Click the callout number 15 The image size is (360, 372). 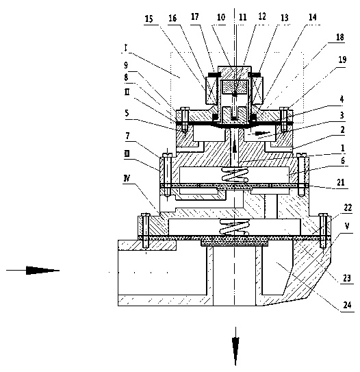tap(149, 18)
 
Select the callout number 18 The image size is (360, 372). tap(340, 37)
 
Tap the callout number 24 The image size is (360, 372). tap(347, 305)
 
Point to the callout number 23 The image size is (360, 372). tap(347, 277)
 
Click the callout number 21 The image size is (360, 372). tap(341, 182)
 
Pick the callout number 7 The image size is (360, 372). tap(127, 136)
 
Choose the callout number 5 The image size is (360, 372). tap(127, 113)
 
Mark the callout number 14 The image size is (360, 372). tap(313, 17)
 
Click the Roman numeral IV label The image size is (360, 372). tap(127, 178)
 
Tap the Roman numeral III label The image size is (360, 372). tap(127, 153)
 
